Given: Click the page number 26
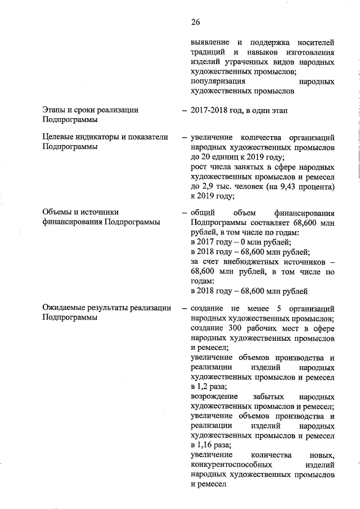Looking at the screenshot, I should (195, 22).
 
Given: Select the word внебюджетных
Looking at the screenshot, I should (245, 262).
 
